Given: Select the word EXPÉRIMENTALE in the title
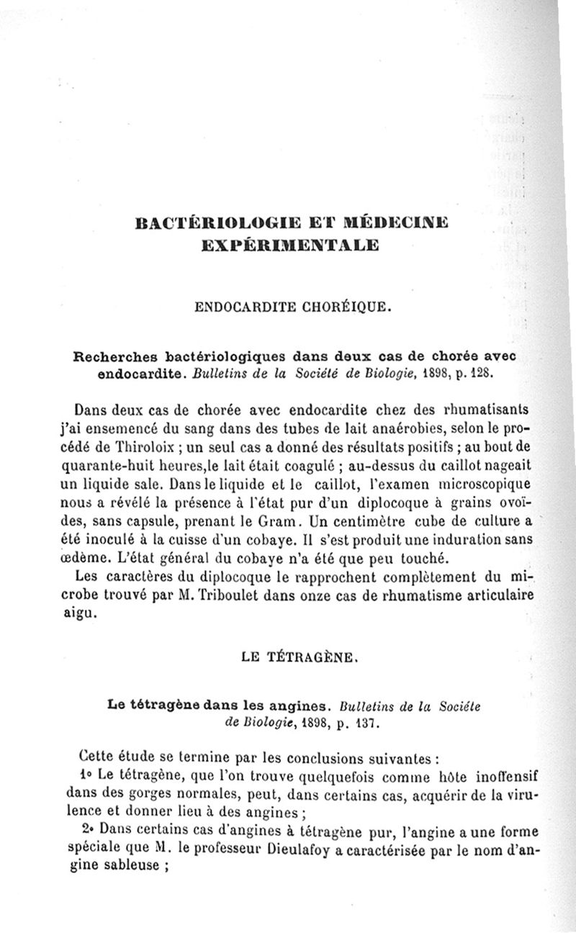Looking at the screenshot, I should click(291, 245).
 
